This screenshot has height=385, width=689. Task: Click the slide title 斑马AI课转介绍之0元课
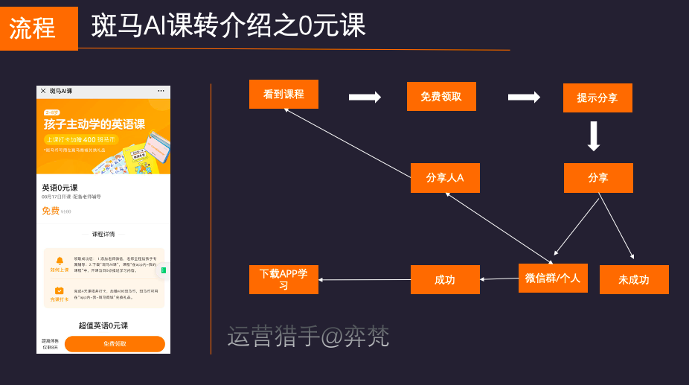(x=229, y=26)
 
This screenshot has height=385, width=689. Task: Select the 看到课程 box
(x=283, y=95)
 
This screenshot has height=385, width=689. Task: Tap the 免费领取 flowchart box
(x=441, y=97)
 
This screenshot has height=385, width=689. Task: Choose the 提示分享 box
(x=597, y=98)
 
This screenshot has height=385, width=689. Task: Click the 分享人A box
(x=445, y=178)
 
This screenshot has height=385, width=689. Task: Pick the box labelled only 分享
(x=598, y=178)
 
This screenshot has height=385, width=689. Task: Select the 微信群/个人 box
(x=553, y=279)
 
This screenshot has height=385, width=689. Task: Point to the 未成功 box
(x=634, y=280)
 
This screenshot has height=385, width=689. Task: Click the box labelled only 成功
(x=445, y=280)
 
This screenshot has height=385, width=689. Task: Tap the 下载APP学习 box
(x=283, y=279)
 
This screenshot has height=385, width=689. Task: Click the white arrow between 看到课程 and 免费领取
(x=365, y=97)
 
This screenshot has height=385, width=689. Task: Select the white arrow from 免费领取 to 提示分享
(x=524, y=97)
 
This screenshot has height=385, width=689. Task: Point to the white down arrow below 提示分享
(x=594, y=136)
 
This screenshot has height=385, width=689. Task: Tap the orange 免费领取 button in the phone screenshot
(x=115, y=344)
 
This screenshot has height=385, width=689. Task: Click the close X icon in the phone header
(x=43, y=91)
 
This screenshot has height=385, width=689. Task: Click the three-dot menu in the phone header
(x=161, y=91)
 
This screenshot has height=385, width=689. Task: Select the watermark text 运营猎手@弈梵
(x=308, y=337)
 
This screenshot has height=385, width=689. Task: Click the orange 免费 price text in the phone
(x=50, y=211)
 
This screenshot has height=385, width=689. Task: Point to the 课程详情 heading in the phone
(x=103, y=235)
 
